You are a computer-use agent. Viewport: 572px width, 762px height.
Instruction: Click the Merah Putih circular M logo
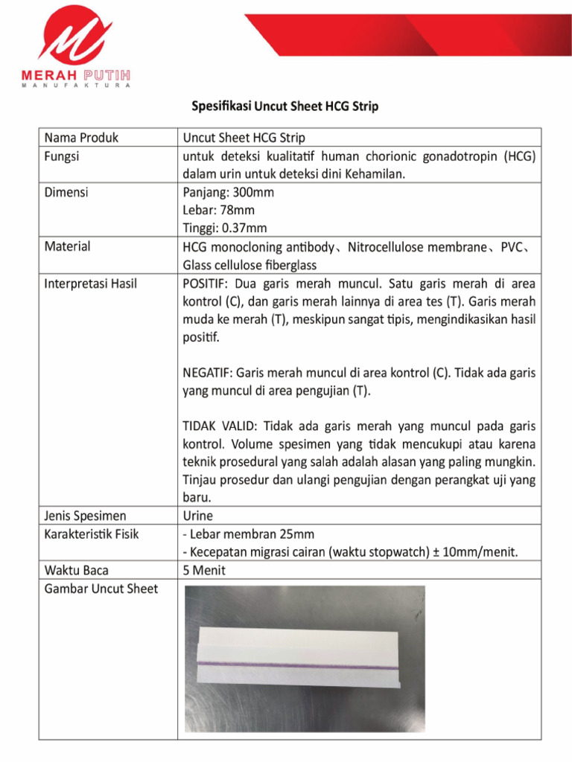click(x=75, y=37)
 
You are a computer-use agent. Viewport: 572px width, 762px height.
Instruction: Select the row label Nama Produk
click(x=81, y=138)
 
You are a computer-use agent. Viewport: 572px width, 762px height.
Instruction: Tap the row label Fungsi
click(x=62, y=156)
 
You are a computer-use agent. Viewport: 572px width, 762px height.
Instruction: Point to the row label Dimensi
click(x=66, y=192)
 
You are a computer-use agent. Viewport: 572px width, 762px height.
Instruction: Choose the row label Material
click(x=67, y=246)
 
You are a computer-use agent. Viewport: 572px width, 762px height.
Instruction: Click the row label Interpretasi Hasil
click(x=91, y=284)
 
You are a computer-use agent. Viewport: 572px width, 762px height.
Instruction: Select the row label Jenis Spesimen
click(x=85, y=516)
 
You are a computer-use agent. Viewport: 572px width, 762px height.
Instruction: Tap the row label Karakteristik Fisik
click(x=92, y=534)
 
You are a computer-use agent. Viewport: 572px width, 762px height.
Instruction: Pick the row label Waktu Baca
click(x=76, y=571)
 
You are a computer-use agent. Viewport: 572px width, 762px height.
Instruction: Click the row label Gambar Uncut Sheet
click(x=101, y=589)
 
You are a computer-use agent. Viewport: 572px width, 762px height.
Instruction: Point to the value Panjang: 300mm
click(x=228, y=193)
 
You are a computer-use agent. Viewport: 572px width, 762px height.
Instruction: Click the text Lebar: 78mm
click(x=218, y=211)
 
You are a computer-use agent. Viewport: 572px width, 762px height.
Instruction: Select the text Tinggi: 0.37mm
click(x=224, y=228)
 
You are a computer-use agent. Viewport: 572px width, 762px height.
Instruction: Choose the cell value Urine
click(x=197, y=516)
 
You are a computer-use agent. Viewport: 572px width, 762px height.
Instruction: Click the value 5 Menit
click(x=204, y=571)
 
